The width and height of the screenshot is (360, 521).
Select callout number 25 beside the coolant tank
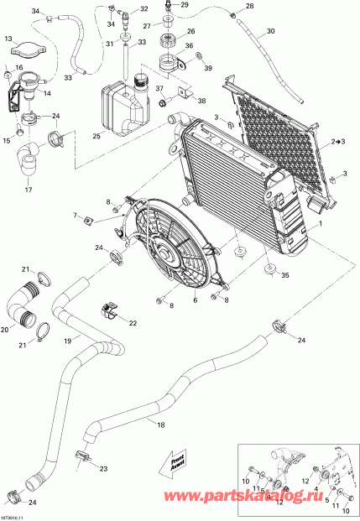click(98, 136)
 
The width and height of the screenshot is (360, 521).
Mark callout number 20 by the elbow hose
click(6, 330)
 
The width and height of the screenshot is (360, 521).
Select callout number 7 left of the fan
click(75, 216)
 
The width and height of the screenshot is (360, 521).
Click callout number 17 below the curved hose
click(28, 190)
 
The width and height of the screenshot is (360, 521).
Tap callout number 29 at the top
click(185, 5)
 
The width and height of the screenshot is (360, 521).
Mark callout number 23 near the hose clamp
click(103, 468)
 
